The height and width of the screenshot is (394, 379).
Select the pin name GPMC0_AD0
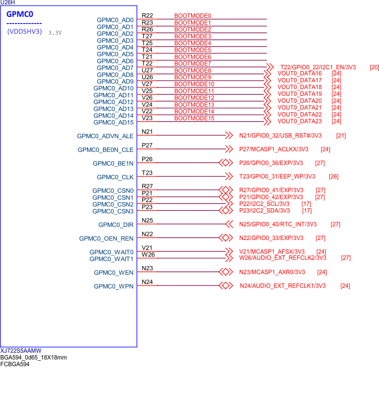[x=115, y=20]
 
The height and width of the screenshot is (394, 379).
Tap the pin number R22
[x=147, y=16]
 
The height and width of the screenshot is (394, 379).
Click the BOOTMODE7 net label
[x=193, y=63]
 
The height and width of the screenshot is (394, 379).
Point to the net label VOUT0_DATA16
[x=299, y=74]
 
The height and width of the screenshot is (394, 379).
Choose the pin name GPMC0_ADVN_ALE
[x=105, y=136]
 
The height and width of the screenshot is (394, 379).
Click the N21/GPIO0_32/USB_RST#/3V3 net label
[x=280, y=136]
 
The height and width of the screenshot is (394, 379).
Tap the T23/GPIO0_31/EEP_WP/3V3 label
[x=277, y=177]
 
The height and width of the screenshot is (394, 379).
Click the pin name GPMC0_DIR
[x=116, y=225]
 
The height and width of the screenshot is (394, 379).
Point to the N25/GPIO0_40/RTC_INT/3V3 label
[x=278, y=224]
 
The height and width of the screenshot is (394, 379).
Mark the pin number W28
[x=148, y=254]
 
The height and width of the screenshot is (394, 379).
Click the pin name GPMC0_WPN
[x=114, y=287]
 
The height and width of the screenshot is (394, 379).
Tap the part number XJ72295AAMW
[x=21, y=351]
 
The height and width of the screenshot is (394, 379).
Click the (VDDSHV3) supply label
[x=24, y=31]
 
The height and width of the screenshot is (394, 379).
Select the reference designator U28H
[x=7, y=3]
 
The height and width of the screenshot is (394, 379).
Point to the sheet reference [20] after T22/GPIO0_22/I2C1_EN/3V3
[x=374, y=67]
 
